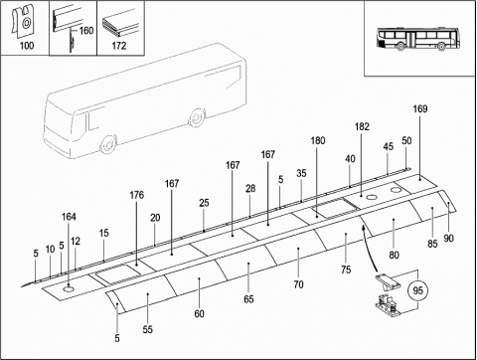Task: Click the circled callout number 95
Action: tap(417, 290)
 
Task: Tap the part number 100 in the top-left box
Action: tap(27, 46)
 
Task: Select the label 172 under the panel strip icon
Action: tap(119, 46)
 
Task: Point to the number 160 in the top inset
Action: tap(86, 31)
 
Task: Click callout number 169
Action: tap(420, 108)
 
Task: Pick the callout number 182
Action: tap(362, 126)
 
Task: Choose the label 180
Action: tap(318, 140)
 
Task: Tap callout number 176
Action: tap(137, 195)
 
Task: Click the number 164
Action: tap(69, 217)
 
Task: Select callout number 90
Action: tap(448, 238)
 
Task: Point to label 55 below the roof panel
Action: tap(148, 329)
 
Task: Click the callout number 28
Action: tap(250, 188)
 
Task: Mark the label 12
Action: tap(76, 241)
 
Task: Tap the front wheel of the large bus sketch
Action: tap(108, 144)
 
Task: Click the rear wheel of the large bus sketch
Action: tap(197, 117)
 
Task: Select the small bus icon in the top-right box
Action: tap(418, 39)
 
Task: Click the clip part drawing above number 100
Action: tap(23, 20)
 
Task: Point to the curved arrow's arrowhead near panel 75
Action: tap(364, 228)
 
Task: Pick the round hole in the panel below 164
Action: tap(69, 289)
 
